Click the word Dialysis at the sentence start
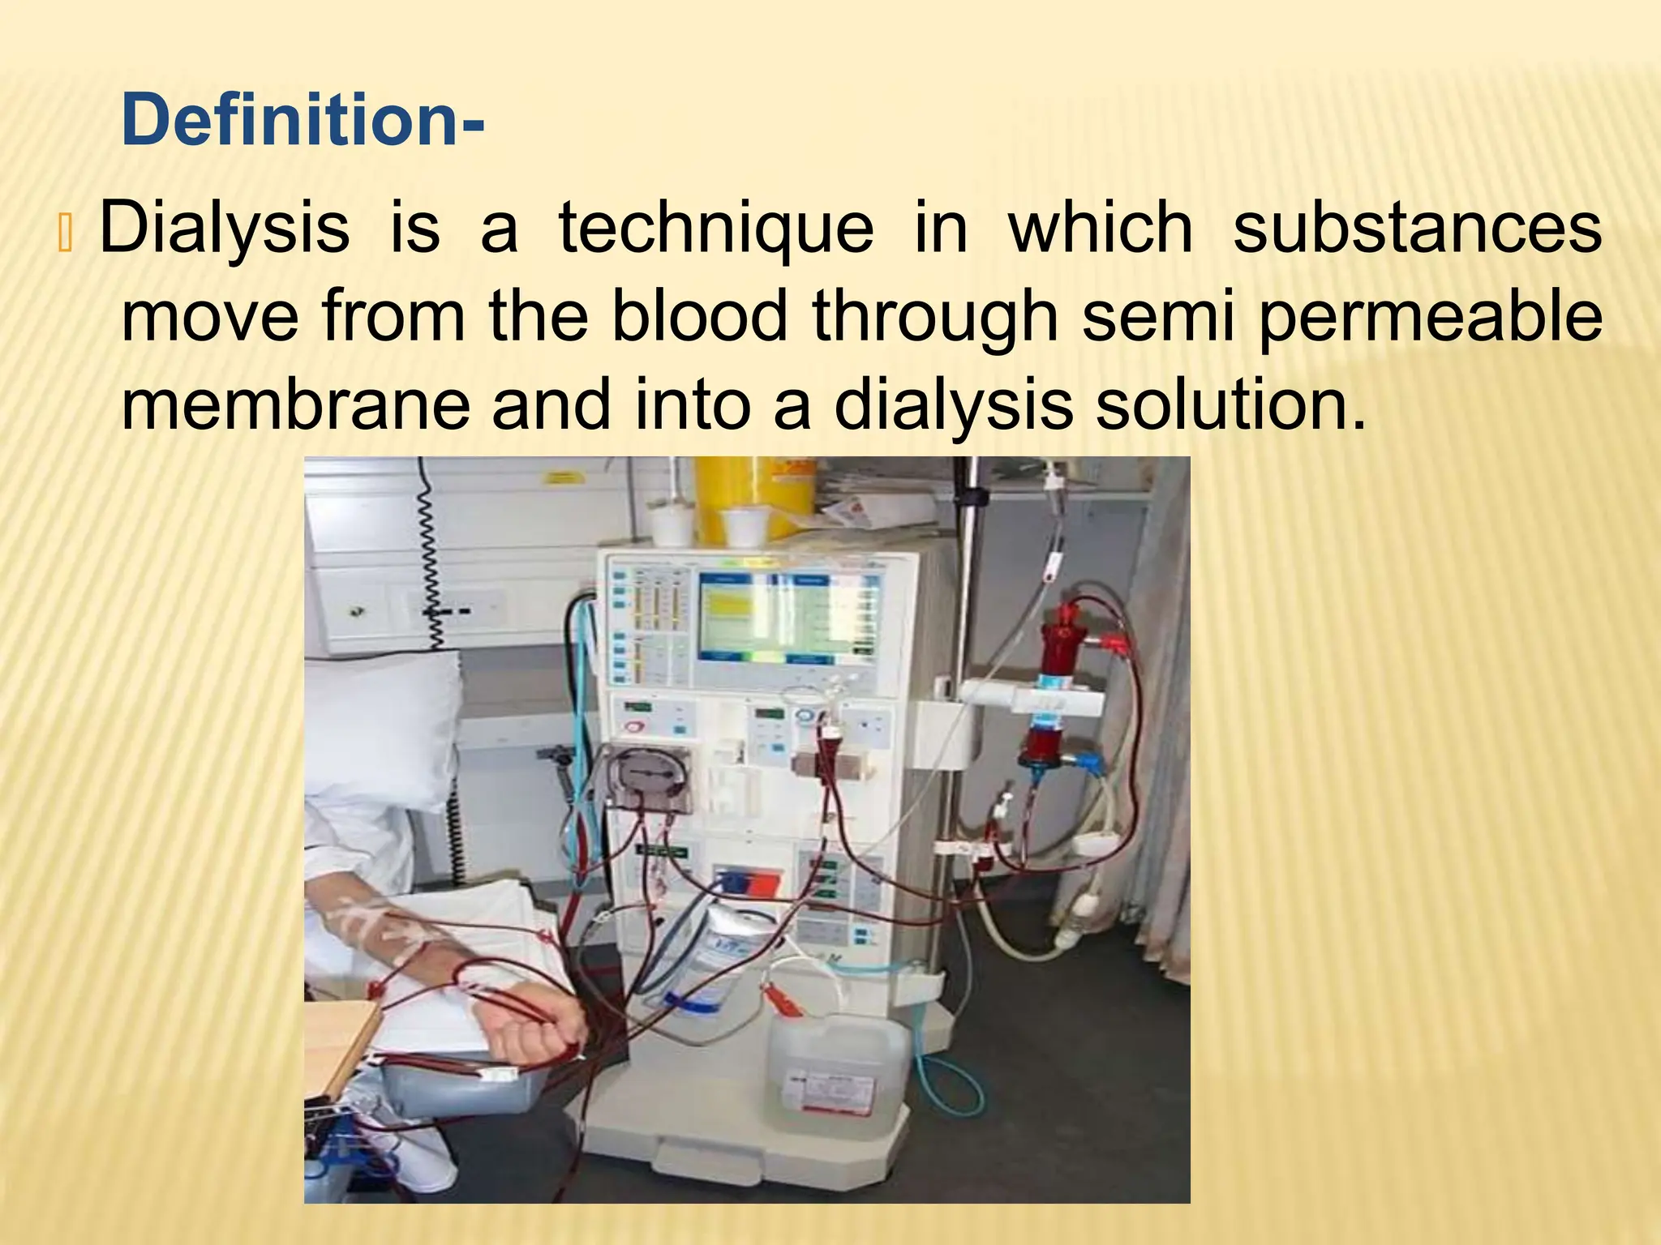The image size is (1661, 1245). click(225, 229)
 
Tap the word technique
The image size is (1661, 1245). click(716, 229)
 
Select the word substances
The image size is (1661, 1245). click(1417, 228)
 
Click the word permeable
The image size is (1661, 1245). click(1430, 318)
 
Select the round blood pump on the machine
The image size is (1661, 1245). click(650, 777)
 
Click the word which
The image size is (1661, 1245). click(1100, 229)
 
